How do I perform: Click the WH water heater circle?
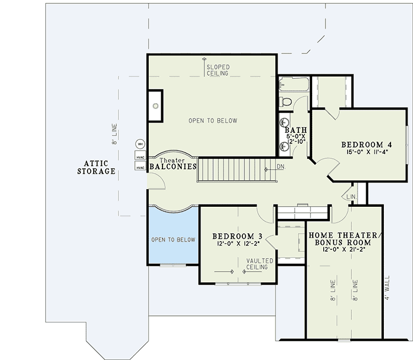[x=140, y=144]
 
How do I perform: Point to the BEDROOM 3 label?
[x=237, y=237]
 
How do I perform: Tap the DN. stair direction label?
[x=281, y=166]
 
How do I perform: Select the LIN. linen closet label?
[x=350, y=196]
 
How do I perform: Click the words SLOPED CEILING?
[x=218, y=71]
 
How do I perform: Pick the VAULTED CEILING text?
[x=257, y=264]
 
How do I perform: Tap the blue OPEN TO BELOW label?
[x=173, y=240]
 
